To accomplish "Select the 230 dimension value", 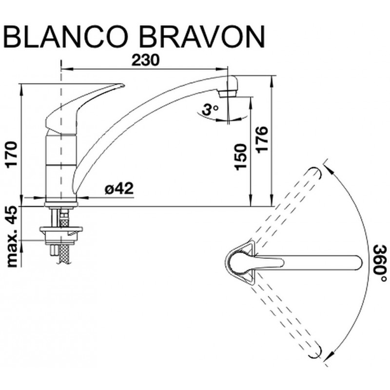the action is (145, 60).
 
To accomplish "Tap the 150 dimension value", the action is (240, 157).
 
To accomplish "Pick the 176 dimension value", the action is (262, 140).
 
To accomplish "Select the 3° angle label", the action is (210, 109).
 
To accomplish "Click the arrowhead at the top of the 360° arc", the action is (331, 170).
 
